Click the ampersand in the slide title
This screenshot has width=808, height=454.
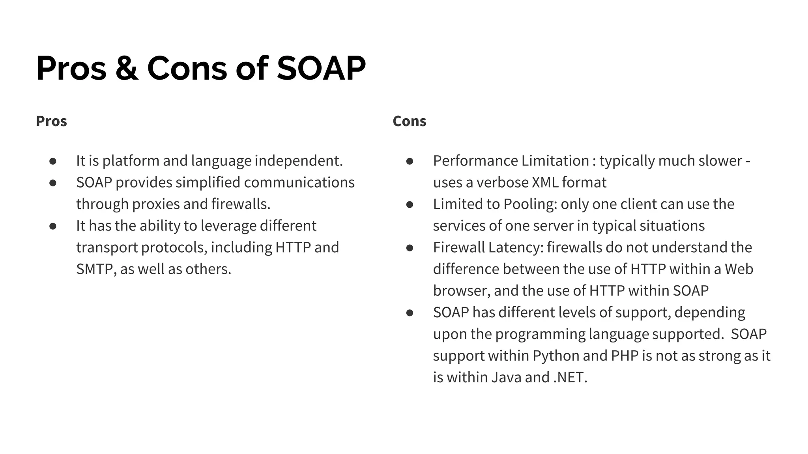click(127, 68)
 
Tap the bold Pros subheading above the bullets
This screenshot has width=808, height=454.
click(51, 121)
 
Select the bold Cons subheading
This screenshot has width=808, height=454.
click(410, 121)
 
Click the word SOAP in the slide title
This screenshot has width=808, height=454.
click(321, 68)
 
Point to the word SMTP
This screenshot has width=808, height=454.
click(95, 269)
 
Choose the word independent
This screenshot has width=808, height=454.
click(299, 161)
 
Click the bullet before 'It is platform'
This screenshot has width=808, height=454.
click(53, 161)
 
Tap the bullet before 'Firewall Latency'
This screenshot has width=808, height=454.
click(410, 248)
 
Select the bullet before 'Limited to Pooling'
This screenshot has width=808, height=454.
click(410, 205)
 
